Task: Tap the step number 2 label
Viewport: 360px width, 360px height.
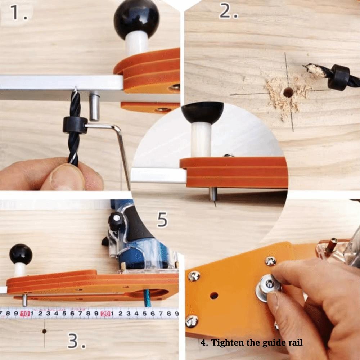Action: (228, 12)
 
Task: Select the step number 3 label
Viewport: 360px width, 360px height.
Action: (76, 341)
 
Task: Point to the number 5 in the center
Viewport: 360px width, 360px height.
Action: (162, 219)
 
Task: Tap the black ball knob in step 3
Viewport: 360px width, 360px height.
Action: (21, 254)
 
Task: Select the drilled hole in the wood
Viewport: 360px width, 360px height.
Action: (288, 92)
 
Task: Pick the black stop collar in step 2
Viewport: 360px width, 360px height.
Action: (339, 77)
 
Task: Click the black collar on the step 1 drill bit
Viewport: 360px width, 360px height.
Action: (75, 125)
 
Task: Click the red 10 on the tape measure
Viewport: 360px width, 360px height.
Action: (25, 314)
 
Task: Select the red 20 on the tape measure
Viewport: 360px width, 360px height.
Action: (105, 314)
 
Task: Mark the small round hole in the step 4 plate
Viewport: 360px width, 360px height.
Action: (214, 296)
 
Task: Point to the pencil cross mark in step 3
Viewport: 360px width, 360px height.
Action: (44, 331)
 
